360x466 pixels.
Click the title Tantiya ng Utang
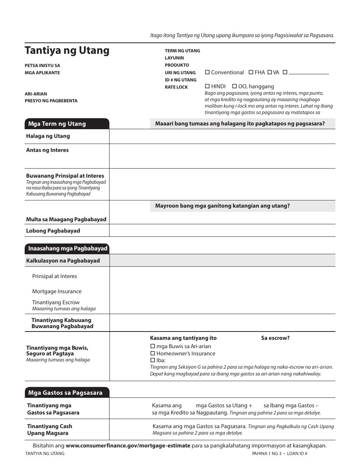pos(67,50)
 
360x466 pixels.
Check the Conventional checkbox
pos(207,72)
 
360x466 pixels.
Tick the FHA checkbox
pos(251,72)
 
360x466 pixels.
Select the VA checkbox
pos(269,72)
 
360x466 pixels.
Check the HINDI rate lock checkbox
pos(207,86)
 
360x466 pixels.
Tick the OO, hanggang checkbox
pos(234,86)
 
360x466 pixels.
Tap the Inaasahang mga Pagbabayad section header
pos(67,249)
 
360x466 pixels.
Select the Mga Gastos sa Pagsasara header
pos(65,393)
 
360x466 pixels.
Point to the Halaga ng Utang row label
pos(48,136)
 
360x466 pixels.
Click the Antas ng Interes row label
pos(47,150)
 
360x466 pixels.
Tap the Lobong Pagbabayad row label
pos(53,231)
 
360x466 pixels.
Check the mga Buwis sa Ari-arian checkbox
pos(153,346)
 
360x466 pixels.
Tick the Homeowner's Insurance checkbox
pos(153,353)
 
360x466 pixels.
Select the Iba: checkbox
pos(153,360)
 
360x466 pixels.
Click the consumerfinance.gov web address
pos(128,446)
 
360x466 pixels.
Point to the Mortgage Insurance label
pos(57,291)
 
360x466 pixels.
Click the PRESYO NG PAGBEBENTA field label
pos(51,101)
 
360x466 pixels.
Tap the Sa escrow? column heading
pos(275,338)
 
